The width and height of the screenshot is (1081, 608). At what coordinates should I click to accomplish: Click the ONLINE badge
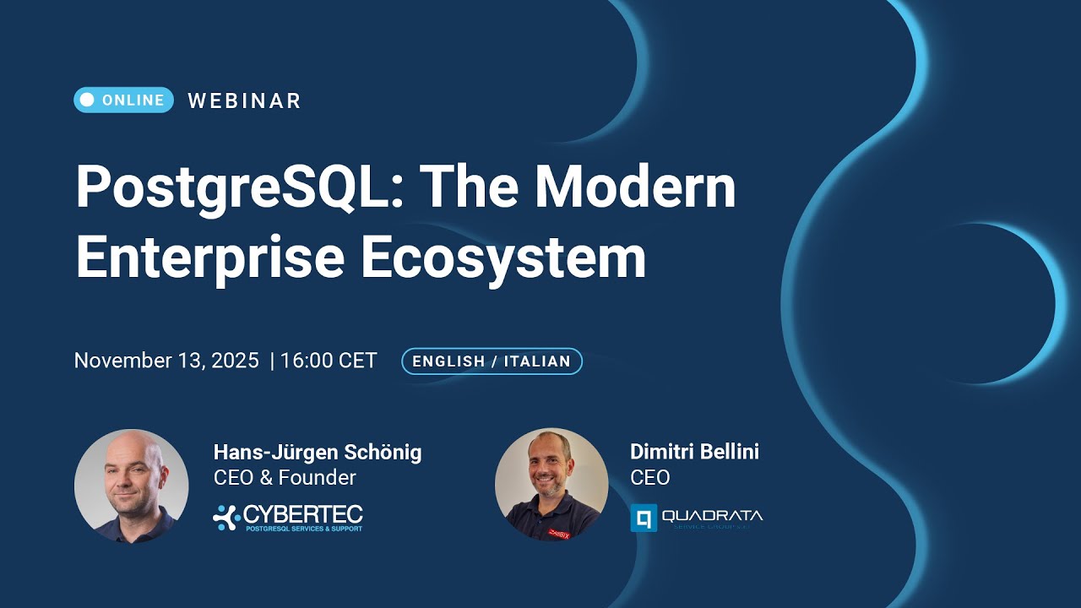[x=123, y=100]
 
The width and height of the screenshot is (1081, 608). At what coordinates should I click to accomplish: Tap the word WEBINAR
[x=244, y=100]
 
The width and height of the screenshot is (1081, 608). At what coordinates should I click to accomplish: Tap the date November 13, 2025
[x=166, y=361]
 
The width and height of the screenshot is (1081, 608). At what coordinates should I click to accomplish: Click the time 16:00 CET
[x=329, y=361]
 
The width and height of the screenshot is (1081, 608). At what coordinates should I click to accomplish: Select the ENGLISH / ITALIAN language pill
[x=492, y=361]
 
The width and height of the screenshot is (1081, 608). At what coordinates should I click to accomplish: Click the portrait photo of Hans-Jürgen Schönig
[x=131, y=486]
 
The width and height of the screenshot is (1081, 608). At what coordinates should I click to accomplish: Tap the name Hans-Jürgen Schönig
[x=318, y=452]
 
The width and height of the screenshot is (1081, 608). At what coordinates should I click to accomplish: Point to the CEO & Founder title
[x=285, y=477]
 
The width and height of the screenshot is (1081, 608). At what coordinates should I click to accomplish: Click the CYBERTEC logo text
[x=302, y=513]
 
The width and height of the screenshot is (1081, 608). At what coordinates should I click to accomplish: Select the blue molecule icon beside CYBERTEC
[x=225, y=517]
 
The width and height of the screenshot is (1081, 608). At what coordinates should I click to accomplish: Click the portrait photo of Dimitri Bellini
[x=551, y=485]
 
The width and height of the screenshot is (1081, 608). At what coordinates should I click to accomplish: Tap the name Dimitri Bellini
[x=694, y=452]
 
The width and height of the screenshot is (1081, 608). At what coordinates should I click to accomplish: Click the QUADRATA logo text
[x=712, y=515]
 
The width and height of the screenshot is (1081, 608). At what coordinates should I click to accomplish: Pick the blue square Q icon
[x=644, y=518]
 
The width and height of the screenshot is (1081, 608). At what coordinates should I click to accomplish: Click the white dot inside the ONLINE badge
[x=87, y=100]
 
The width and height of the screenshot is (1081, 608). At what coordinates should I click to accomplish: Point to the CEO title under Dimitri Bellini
[x=649, y=477]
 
